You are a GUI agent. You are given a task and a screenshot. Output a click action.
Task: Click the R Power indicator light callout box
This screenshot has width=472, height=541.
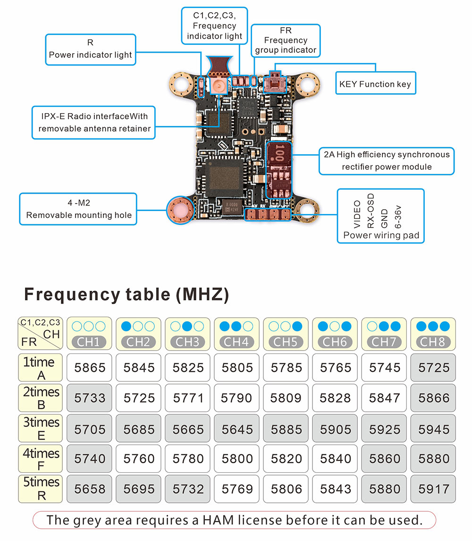(91, 49)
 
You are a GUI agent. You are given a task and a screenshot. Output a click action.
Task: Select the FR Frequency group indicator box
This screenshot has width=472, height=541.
(286, 41)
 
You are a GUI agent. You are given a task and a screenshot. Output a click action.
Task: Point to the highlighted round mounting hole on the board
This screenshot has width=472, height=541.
(181, 210)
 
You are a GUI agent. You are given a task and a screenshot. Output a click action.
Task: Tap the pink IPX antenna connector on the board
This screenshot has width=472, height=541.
(219, 85)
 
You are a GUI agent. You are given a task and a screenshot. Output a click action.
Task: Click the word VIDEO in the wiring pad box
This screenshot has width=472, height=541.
(357, 214)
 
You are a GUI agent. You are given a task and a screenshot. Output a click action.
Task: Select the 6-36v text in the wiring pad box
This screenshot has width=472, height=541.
(398, 217)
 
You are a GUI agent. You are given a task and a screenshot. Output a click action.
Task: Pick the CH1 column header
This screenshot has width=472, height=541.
(89, 334)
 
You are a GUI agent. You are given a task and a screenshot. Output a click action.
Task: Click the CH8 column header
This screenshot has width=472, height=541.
(433, 334)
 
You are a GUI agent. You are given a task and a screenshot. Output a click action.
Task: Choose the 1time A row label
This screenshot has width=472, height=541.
(40, 368)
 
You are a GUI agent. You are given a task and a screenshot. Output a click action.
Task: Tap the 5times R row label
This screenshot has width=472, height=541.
(40, 489)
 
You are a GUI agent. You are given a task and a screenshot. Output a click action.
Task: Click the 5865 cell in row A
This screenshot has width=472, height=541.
(89, 368)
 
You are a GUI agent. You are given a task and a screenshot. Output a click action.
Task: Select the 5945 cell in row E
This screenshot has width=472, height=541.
(433, 428)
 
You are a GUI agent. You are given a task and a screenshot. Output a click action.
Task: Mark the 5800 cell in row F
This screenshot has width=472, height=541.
(236, 459)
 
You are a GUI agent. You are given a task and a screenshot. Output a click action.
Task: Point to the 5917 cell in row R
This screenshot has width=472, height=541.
(433, 489)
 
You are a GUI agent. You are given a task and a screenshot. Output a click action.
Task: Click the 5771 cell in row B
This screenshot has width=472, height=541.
(188, 398)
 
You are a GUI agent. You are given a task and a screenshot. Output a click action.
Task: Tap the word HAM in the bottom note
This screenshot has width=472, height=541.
(218, 520)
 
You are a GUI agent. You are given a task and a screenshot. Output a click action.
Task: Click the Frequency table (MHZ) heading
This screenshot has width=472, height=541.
(126, 295)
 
